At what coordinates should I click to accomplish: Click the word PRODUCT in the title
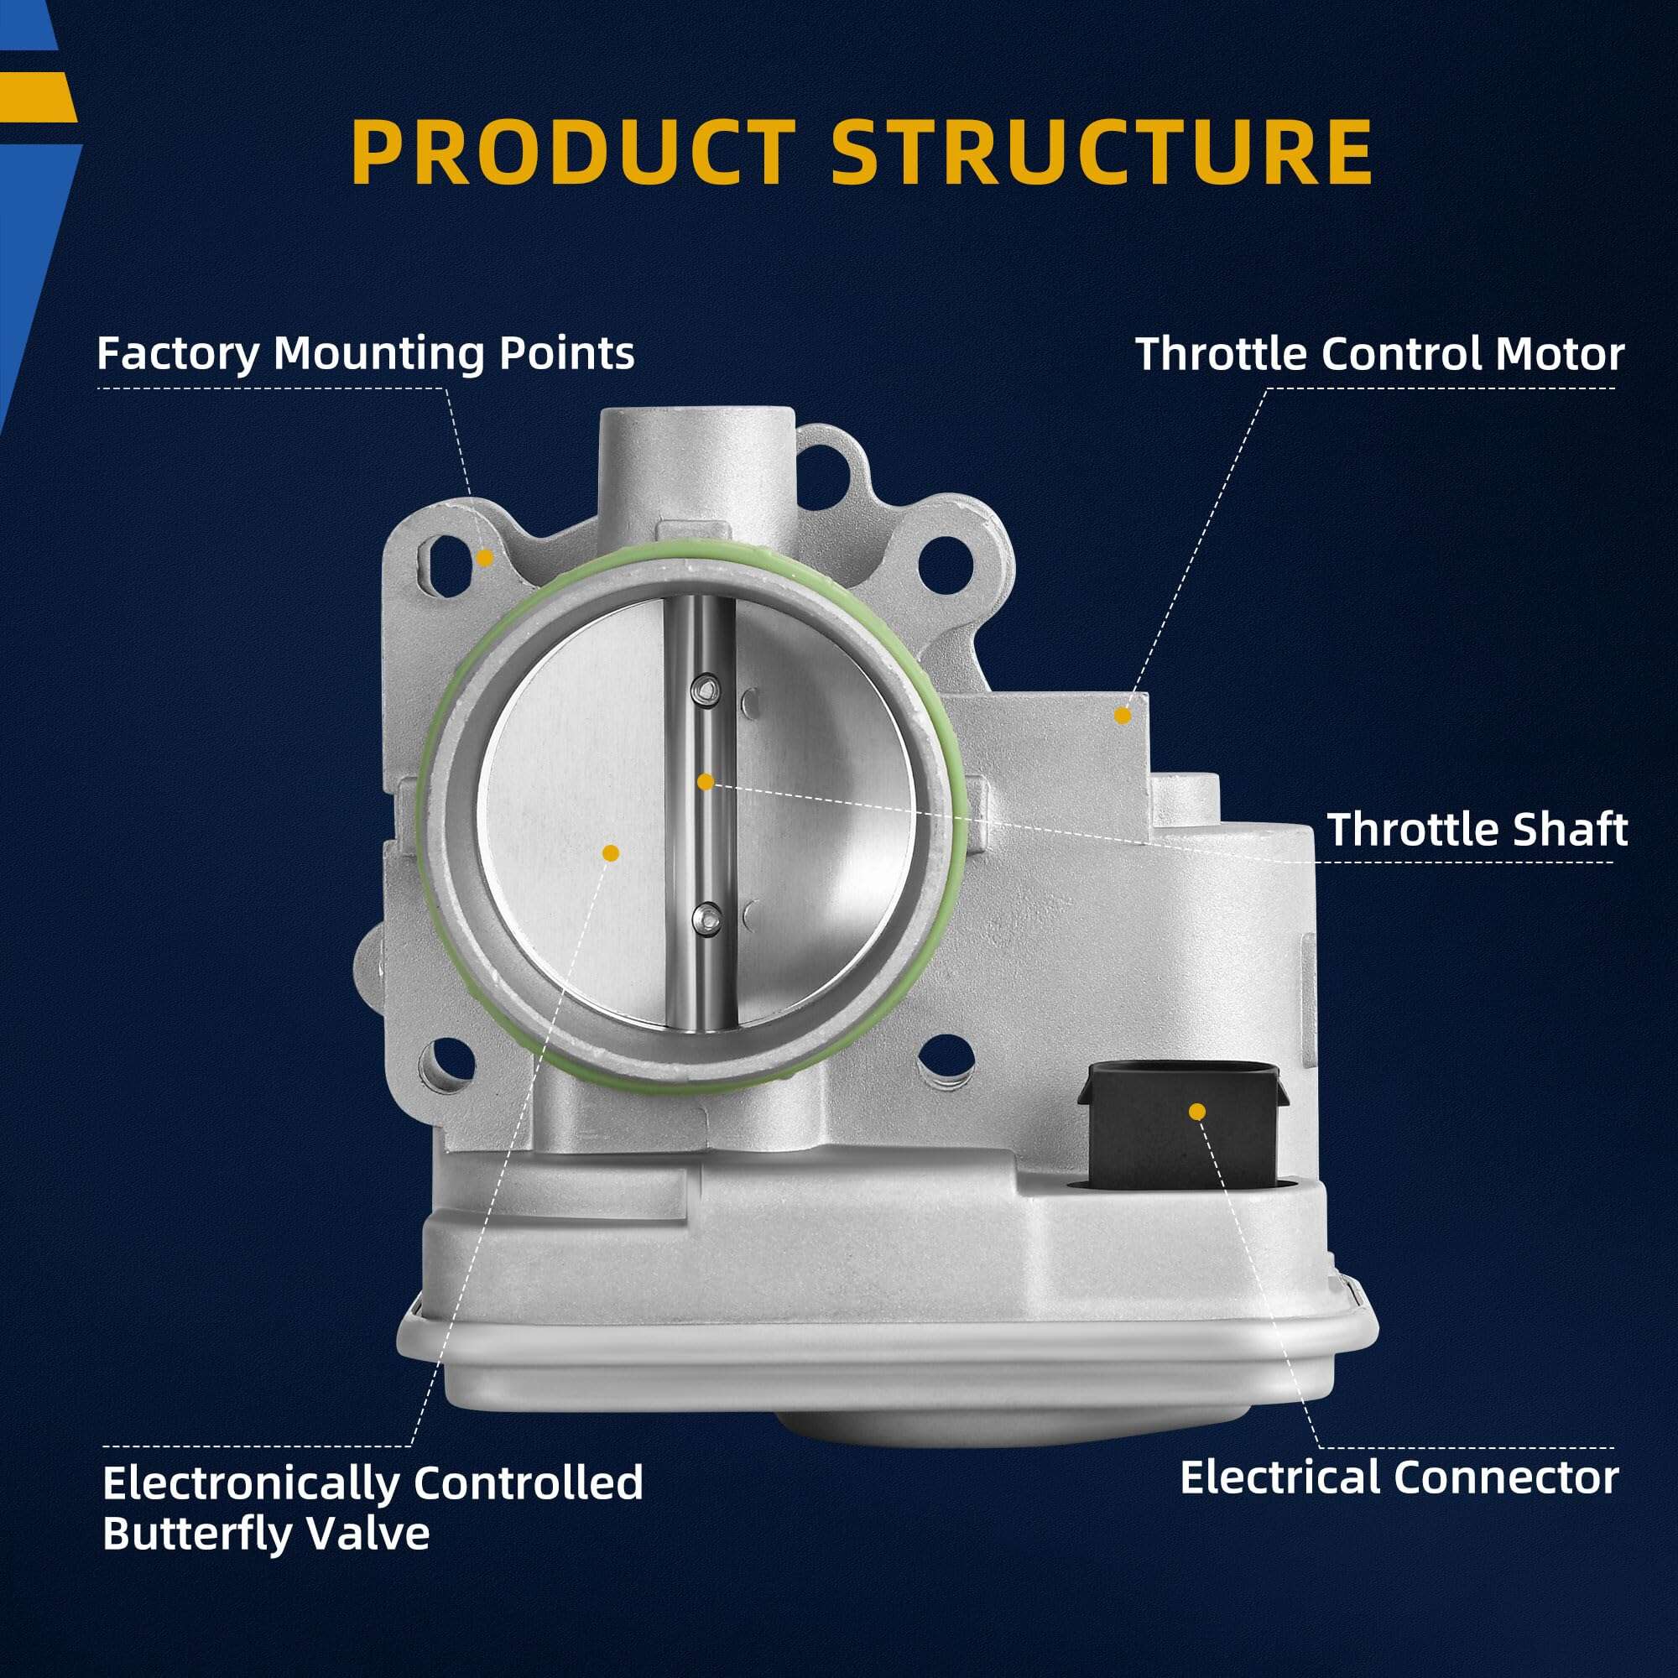573,152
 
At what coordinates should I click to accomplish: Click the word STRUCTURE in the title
1102,152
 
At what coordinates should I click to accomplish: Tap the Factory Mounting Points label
366,353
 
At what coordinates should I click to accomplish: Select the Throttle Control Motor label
1379,353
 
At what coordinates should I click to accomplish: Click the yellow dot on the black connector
1198,1111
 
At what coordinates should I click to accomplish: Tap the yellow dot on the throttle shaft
706,782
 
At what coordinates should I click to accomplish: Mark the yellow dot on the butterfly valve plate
611,853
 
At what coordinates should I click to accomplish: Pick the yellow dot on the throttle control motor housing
1122,715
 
